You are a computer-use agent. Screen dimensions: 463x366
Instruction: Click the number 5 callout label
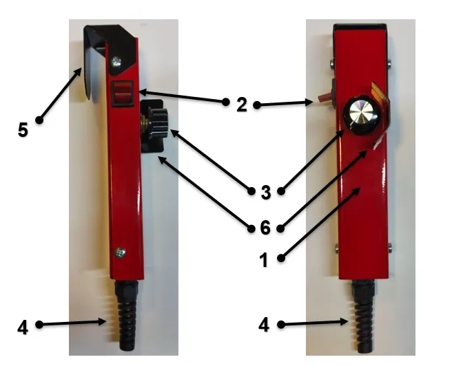[x=23, y=130]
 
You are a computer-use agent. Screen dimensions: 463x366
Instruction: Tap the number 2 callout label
[x=242, y=105]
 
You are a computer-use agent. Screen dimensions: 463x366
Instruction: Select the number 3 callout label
[x=266, y=193]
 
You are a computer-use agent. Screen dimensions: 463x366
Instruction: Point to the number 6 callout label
[x=265, y=228]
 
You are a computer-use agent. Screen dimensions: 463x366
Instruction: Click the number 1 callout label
[x=264, y=260]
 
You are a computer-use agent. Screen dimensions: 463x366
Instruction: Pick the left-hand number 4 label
[x=23, y=327]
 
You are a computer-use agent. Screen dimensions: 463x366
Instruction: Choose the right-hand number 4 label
[x=264, y=325]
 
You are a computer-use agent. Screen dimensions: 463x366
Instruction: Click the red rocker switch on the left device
[x=122, y=93]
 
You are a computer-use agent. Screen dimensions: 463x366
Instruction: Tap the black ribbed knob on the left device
[x=156, y=122]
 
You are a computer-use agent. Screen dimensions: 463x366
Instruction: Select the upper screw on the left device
[x=116, y=62]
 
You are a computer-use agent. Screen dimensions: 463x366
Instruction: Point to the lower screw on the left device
[x=120, y=252]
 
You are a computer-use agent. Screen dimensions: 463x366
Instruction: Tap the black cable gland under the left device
[x=127, y=314]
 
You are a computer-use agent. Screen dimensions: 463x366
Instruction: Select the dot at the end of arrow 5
[x=39, y=120]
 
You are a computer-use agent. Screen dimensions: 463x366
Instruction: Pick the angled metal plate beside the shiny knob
[x=380, y=113]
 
